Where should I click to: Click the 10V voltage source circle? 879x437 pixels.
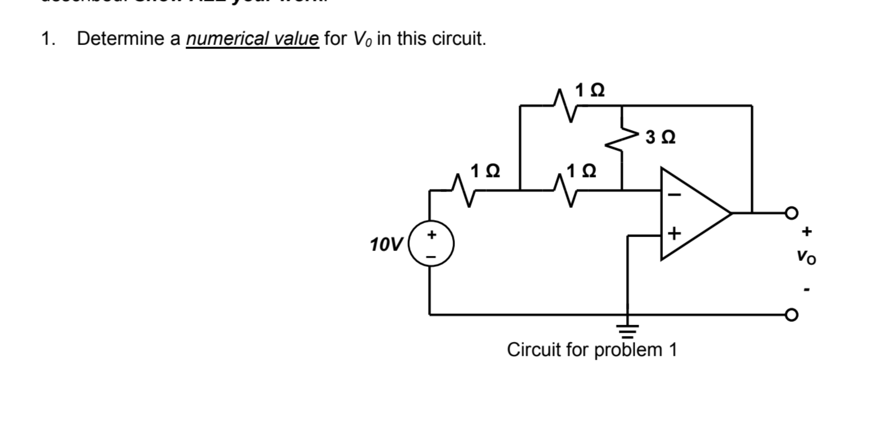click(x=431, y=243)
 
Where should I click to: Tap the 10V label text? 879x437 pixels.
click(x=386, y=245)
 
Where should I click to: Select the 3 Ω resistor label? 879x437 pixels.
click(x=660, y=137)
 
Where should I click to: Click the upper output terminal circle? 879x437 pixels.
click(x=791, y=213)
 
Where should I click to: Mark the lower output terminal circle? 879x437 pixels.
click(x=791, y=315)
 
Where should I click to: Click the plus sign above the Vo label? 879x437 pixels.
click(x=807, y=232)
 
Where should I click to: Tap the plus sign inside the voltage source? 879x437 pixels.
click(x=432, y=234)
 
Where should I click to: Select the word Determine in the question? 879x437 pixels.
click(x=120, y=39)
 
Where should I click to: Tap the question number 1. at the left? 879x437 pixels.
click(x=48, y=39)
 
